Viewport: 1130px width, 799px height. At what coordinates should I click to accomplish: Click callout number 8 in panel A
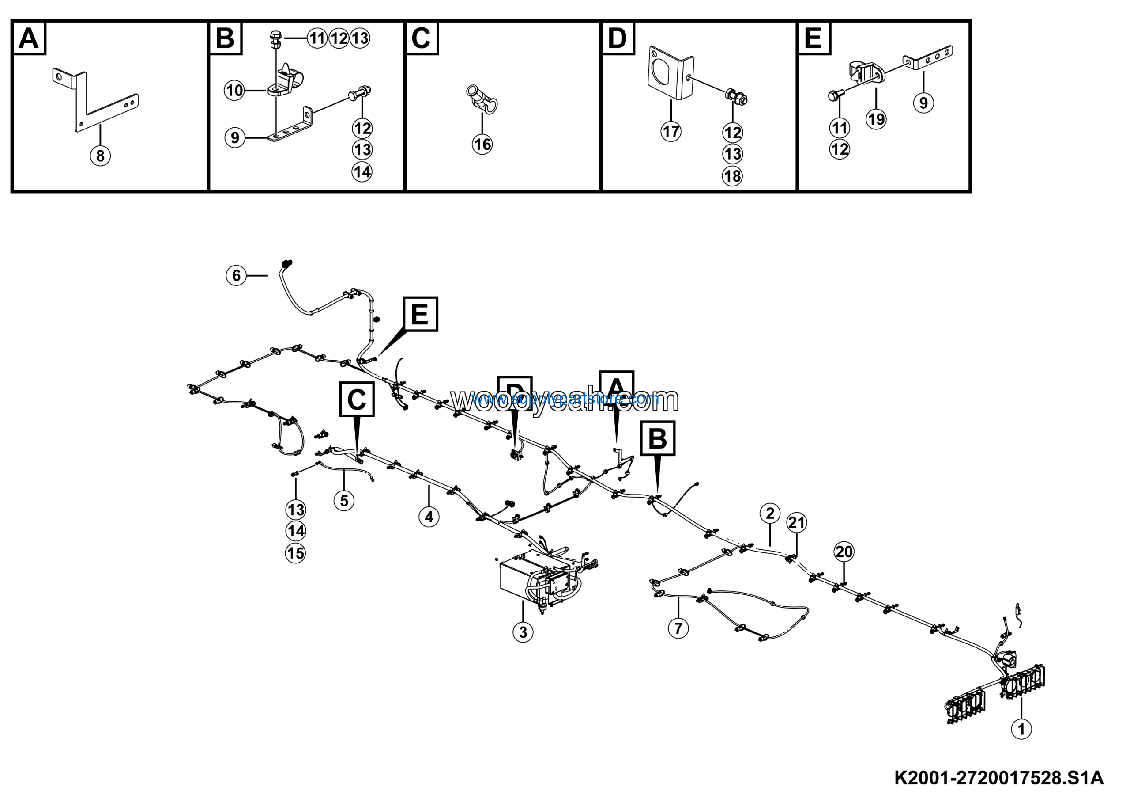(x=100, y=156)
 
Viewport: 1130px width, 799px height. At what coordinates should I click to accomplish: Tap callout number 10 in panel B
(x=234, y=91)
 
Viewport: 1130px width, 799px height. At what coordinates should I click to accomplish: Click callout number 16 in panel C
(x=482, y=145)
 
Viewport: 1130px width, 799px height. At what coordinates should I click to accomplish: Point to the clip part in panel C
(x=481, y=100)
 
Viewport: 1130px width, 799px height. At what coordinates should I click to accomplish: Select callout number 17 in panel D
(x=671, y=132)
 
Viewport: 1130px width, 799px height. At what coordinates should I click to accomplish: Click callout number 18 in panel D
(x=732, y=176)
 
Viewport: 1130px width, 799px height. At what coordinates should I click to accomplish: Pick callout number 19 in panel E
(x=876, y=119)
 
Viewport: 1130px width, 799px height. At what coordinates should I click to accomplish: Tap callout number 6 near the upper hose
(x=236, y=275)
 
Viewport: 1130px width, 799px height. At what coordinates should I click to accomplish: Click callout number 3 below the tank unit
(x=523, y=632)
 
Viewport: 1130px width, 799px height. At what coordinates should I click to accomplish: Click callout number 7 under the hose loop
(x=678, y=628)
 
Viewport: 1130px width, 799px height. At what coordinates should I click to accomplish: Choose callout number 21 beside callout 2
(x=797, y=523)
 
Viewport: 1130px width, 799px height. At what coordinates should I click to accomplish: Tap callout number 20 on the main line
(x=844, y=552)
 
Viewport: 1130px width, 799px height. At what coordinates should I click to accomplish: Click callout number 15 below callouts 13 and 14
(x=295, y=553)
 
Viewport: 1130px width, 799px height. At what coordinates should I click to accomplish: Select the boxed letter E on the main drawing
(x=420, y=314)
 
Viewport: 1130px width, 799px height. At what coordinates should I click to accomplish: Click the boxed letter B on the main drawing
(x=658, y=438)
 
